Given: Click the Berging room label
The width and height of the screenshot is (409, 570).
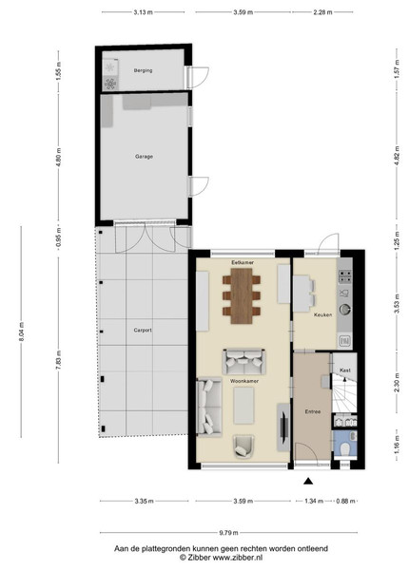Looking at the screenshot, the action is click(143, 70).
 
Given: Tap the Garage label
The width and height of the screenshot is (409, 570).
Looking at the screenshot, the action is click(144, 157).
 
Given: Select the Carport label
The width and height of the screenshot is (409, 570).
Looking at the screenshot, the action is click(143, 331).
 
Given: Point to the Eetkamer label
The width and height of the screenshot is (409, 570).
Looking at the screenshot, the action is click(243, 262).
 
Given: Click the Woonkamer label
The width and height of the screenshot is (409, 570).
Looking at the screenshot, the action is click(244, 381).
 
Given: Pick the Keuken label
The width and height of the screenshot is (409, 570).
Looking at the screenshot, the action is click(322, 314).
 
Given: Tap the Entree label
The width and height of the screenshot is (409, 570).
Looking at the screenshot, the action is click(313, 412).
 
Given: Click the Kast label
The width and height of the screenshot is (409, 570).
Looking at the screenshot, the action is click(345, 370).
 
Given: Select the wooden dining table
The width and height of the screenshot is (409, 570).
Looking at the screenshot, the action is click(242, 295).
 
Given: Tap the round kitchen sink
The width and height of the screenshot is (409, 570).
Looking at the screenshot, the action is click(345, 310).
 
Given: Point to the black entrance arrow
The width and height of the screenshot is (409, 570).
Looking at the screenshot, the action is click(308, 482).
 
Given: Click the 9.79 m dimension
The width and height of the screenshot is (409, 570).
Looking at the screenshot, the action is click(228, 533).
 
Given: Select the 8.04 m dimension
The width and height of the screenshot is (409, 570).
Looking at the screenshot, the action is click(22, 332).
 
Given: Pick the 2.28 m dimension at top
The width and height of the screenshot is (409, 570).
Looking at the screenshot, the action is click(322, 12).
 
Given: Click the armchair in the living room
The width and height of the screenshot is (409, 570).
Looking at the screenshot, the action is click(243, 446).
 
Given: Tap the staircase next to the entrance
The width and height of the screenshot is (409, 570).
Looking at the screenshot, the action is click(344, 393).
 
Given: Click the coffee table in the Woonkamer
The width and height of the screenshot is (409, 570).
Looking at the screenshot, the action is click(243, 406).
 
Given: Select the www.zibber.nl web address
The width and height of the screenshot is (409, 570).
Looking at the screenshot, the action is click(238, 558).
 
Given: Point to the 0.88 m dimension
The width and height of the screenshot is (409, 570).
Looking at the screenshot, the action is click(345, 501).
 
